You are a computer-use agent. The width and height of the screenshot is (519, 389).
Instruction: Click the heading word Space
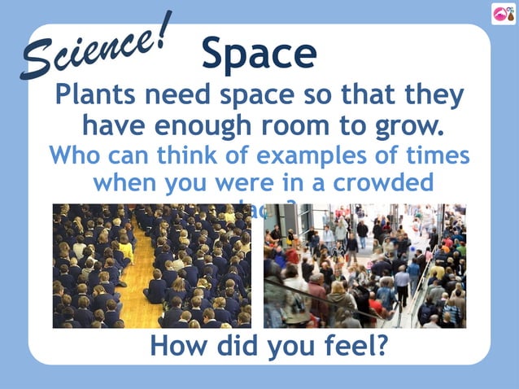[259, 54]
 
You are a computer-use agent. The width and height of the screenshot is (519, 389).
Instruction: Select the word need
[177, 96]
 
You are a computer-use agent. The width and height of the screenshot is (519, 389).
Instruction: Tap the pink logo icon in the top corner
[502, 14]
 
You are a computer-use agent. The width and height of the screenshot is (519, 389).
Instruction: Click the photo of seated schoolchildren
[152, 265]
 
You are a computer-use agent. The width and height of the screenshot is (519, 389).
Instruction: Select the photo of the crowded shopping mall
[364, 265]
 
